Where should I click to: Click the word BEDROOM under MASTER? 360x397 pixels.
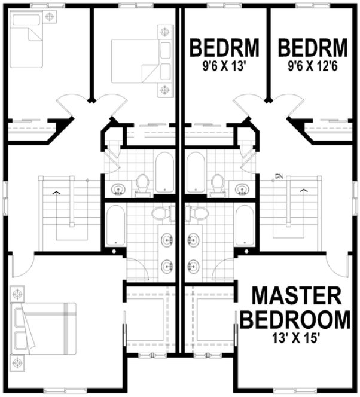click(295, 319)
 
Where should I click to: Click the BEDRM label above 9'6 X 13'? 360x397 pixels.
click(225, 46)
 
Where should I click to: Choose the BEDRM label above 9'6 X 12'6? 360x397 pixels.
click(313, 46)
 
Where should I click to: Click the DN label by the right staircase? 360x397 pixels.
click(279, 176)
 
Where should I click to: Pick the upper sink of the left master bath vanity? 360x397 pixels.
click(166, 240)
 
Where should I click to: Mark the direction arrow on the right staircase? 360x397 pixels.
click(303, 190)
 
